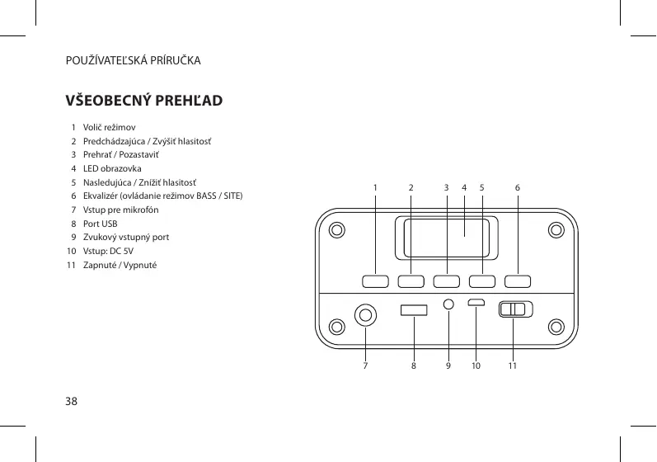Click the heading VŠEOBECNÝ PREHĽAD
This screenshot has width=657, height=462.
(143, 101)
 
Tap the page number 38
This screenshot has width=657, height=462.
(72, 402)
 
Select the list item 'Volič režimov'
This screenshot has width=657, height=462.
(103, 127)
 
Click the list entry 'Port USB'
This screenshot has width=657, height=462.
(100, 224)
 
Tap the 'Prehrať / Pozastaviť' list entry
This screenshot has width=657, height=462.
(122, 155)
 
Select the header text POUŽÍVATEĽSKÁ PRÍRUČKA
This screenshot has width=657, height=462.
(134, 61)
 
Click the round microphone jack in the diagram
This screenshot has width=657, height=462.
(366, 314)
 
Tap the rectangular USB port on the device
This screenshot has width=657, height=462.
(414, 310)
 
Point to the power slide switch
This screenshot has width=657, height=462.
(515, 309)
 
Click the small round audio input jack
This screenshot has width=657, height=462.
(448, 304)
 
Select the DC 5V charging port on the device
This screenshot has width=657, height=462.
(477, 302)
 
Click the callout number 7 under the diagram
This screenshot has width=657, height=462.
(365, 365)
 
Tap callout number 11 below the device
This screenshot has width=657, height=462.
(512, 365)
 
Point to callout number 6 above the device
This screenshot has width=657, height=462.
(517, 187)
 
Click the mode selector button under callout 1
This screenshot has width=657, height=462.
(375, 280)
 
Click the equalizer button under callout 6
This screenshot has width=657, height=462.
(518, 280)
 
